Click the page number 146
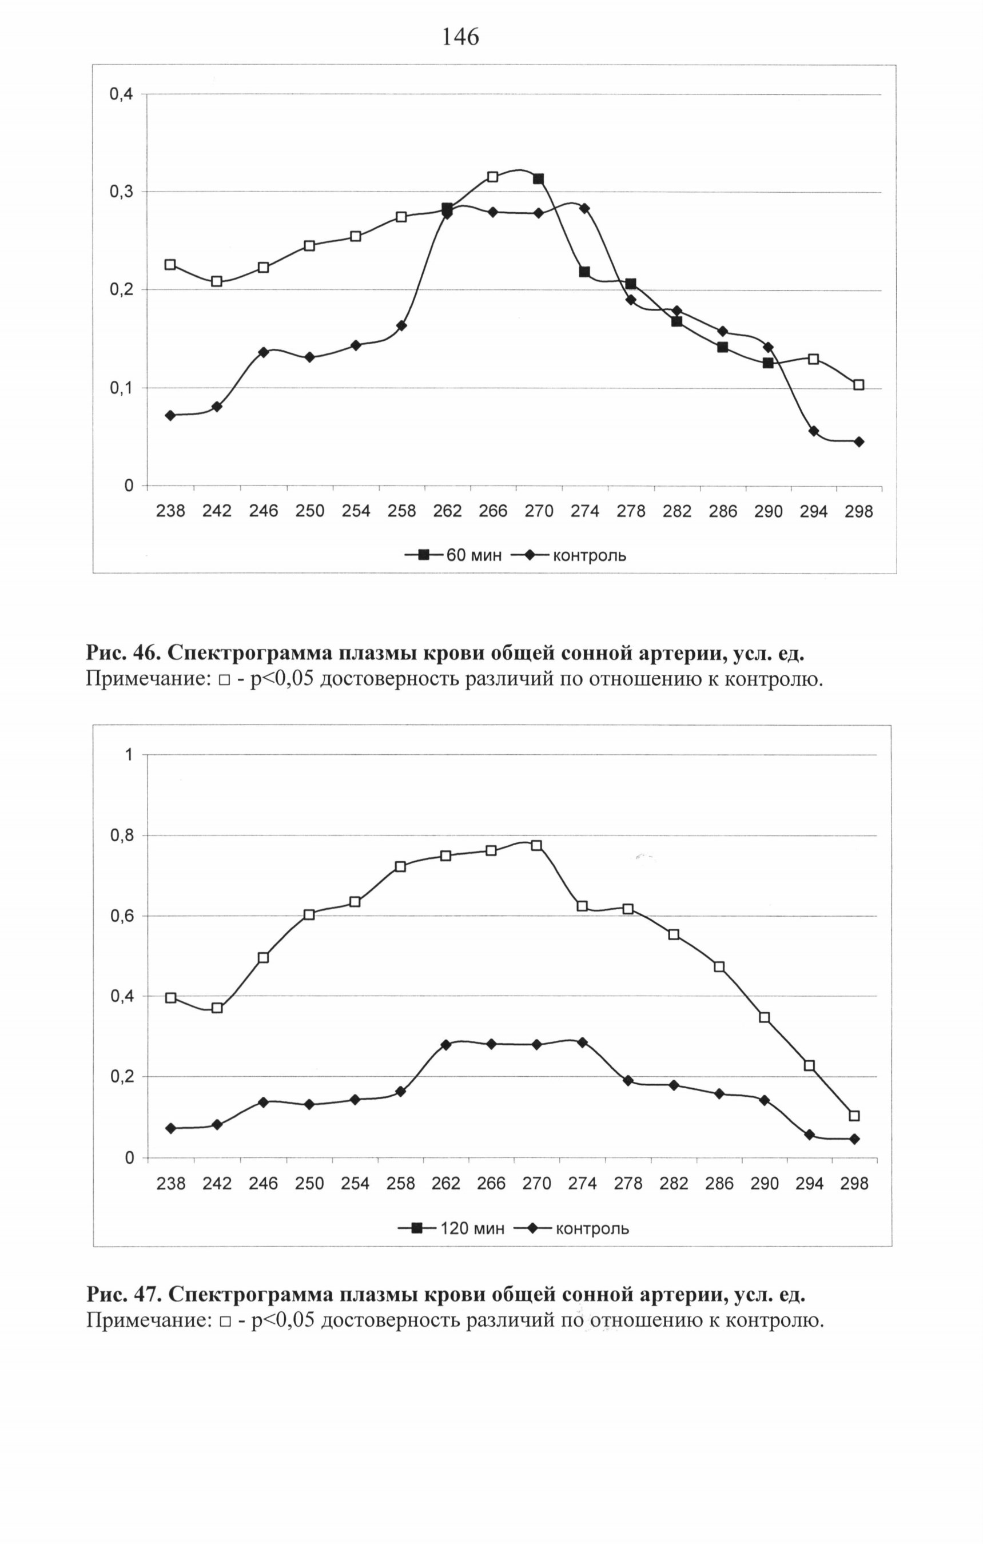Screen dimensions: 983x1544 tap(460, 38)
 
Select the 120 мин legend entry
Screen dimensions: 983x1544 tap(451, 1228)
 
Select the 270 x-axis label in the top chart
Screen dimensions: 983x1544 tap(539, 511)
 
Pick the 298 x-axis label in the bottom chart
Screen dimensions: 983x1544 tap(854, 1183)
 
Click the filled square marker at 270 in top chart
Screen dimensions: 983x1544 tap(538, 179)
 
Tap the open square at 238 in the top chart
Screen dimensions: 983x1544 tap(170, 264)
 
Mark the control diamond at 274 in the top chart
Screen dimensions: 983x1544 tap(584, 208)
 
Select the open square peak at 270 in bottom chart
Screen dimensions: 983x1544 tap(537, 845)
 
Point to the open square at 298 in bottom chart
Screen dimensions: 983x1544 tap(854, 1116)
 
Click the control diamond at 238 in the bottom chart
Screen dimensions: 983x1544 tap(170, 1128)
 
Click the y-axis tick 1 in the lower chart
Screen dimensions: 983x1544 tap(129, 755)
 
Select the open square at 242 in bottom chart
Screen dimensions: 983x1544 tap(217, 1008)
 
